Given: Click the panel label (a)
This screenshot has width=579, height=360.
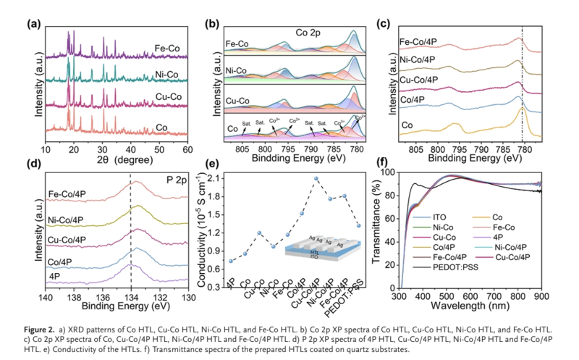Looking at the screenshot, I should pos(33,23).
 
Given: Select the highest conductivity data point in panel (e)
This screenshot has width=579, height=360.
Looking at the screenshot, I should pos(316,178).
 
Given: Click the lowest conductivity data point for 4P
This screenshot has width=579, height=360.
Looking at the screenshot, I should pos(231,261).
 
